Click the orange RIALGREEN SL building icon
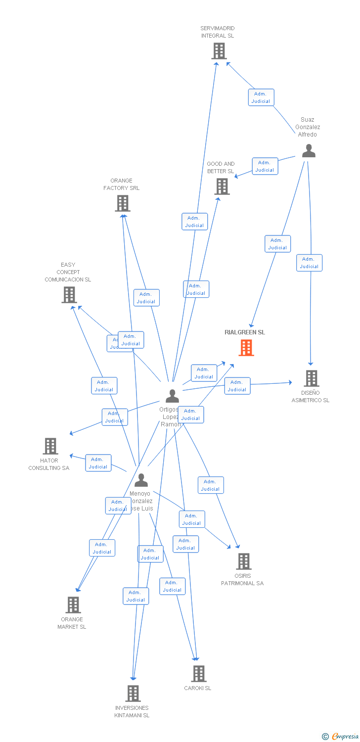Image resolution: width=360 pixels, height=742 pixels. coord(246,348)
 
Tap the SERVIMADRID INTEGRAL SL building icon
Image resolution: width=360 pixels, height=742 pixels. coord(219,50)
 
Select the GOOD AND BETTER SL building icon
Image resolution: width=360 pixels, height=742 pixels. coord(222,186)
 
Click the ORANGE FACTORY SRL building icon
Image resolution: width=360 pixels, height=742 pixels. coord(122,203)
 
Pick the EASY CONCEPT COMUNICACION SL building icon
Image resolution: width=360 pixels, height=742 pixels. coord(69,295)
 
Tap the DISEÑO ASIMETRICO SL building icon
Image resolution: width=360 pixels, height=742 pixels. coord(311,378)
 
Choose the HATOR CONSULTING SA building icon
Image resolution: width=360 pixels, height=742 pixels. coord(50,446)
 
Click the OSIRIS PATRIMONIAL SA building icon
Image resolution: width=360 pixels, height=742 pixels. coord(243,561)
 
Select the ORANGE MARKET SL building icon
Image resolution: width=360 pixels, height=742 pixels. coord(73,605)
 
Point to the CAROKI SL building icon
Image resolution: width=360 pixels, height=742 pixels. coord(198,674)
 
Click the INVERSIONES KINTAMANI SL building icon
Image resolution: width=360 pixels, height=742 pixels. coord(133,694)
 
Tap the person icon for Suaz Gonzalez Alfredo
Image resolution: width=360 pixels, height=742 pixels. coord(309,151)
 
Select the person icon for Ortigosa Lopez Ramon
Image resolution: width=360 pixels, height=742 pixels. coord(172,396)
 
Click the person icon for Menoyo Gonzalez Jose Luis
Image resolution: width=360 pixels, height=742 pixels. coord(141,480)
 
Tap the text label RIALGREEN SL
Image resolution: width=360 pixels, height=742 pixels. coord(245,332)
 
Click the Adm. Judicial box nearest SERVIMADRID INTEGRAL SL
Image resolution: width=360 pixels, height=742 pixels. coord(261,97)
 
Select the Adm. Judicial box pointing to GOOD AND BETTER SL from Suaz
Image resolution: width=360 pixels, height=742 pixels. coord(265,166)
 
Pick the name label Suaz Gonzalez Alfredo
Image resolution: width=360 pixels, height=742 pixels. coord(308,127)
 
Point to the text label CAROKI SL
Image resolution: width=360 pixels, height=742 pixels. coord(197,688)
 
